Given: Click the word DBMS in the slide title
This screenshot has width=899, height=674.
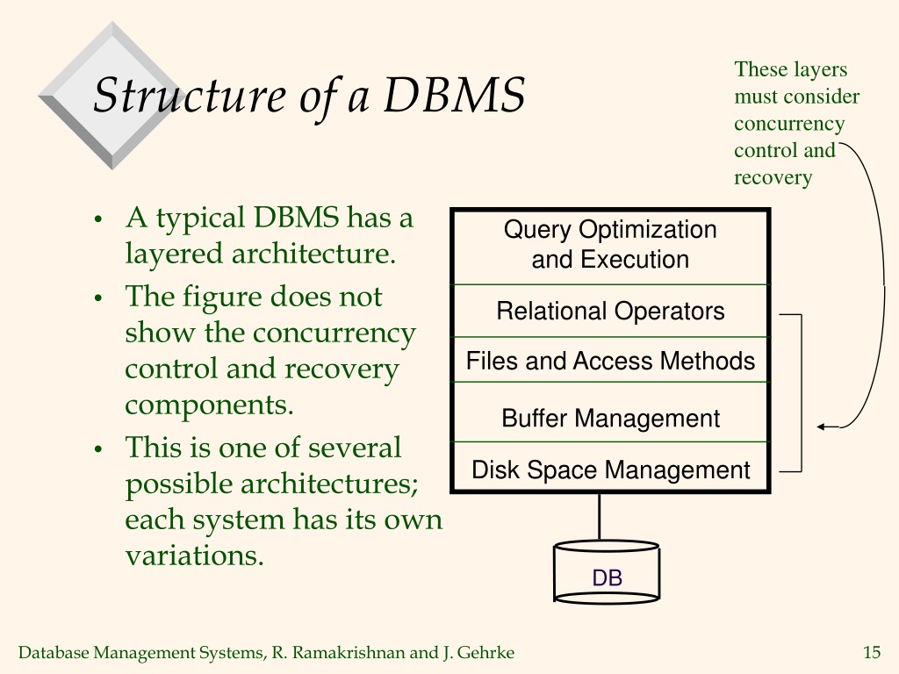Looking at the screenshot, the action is [x=454, y=95].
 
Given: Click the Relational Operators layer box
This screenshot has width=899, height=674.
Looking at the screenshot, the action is [x=611, y=311].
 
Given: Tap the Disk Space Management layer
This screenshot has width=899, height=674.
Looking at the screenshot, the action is [x=611, y=466].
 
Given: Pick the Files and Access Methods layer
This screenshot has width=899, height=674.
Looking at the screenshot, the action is [x=611, y=360].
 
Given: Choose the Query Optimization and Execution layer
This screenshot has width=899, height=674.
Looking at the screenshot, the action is [x=611, y=247].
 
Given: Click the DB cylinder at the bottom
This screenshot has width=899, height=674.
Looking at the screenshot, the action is [x=607, y=572].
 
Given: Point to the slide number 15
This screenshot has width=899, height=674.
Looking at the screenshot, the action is [x=872, y=652].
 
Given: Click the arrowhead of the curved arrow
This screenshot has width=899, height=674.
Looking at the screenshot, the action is [x=822, y=427].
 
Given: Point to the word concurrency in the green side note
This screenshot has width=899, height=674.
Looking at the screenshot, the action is [x=789, y=124].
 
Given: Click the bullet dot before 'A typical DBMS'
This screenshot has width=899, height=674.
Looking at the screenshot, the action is [x=98, y=219].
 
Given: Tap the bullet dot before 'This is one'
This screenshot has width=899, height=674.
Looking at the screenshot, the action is [x=98, y=449].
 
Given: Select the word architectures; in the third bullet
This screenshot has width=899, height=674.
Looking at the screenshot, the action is [x=330, y=484].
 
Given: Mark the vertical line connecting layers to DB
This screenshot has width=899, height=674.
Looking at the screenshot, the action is [x=600, y=516].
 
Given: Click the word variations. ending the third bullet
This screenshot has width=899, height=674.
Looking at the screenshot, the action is [x=195, y=555].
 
